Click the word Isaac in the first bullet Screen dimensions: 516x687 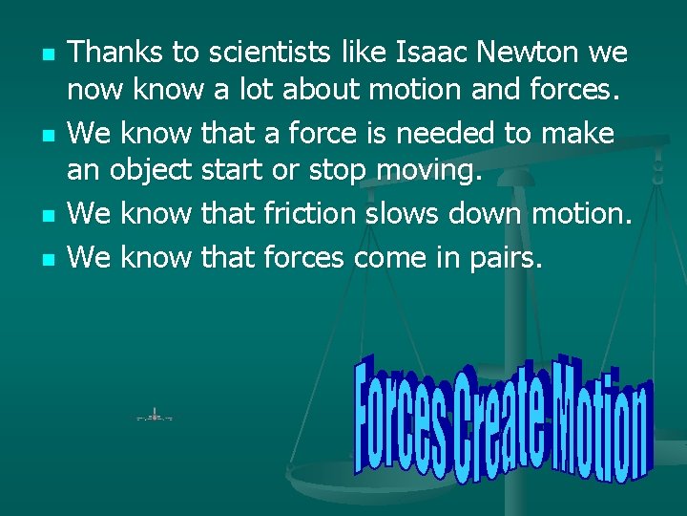(378, 53)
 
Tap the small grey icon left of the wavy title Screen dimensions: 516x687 (154, 416)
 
